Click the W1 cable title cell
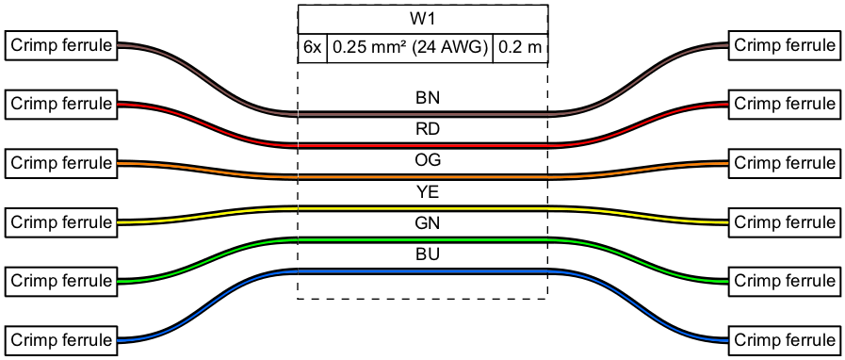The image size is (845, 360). coord(423,20)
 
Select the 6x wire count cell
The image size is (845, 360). coord(313,48)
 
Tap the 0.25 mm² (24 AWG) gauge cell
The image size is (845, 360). coord(410,48)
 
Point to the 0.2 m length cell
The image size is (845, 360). coord(521,48)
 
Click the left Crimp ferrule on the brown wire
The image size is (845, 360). coord(61,45)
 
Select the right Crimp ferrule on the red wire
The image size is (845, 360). coord(784,104)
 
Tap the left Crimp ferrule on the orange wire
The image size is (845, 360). coord(61,163)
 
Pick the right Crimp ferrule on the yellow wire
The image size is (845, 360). coord(784,222)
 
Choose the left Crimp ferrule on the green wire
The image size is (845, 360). coord(61,281)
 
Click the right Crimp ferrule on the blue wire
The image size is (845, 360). coord(784,340)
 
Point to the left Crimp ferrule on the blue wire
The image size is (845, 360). coord(61,340)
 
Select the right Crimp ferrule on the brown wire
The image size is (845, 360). coord(784,45)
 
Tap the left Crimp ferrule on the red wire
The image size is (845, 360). coord(61,104)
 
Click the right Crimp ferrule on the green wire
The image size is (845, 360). coord(784,281)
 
